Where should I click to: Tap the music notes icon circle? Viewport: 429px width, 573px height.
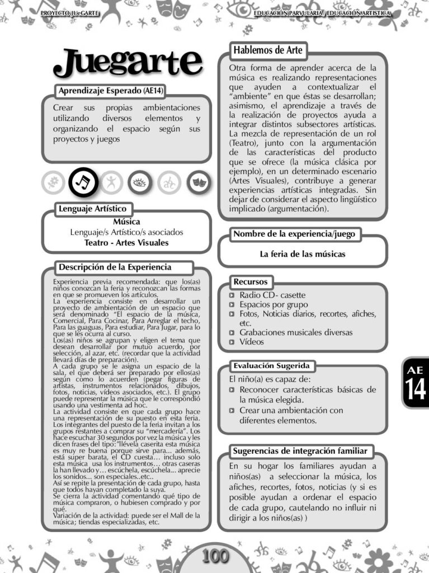[x=83, y=182]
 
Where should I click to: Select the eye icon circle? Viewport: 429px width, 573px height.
[x=139, y=182]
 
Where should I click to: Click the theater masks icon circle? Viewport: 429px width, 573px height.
[x=197, y=182]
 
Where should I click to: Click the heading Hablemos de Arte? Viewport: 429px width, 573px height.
[x=268, y=50]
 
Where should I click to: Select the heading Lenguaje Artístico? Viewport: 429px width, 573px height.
[x=93, y=209]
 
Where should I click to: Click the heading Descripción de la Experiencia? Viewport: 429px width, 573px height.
[x=115, y=267]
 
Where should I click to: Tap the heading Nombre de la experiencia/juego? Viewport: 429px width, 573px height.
[x=294, y=234]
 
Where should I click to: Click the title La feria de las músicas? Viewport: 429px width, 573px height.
[x=302, y=254]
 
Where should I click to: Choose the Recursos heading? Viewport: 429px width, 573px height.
[x=250, y=281]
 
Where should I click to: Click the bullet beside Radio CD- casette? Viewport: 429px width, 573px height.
[x=233, y=295]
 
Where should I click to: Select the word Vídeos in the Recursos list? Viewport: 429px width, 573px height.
[x=252, y=341]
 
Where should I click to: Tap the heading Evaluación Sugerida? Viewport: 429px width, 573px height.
[x=271, y=366]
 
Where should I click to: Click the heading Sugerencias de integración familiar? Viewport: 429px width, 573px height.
[x=300, y=451]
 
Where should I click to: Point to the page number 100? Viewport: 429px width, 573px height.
[x=215, y=556]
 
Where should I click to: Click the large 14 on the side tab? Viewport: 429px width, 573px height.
[x=416, y=389]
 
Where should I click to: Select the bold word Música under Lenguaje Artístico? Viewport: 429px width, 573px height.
[x=126, y=222]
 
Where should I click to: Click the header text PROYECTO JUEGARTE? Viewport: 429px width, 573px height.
[x=70, y=12]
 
